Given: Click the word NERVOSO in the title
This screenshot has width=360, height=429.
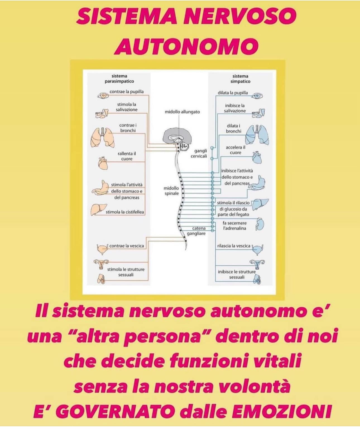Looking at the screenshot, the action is tap(240, 16).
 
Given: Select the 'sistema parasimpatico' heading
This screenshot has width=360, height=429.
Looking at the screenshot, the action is tap(119, 79).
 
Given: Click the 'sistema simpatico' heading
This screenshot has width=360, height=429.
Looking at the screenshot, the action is tap(240, 79).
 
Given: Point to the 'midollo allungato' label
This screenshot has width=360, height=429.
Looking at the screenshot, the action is tap(182, 112).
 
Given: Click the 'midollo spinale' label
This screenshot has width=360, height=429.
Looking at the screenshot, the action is tap(171, 191).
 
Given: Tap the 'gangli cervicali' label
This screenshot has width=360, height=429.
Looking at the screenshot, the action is tap(199, 154).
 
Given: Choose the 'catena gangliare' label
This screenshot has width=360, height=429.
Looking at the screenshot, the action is tap(196, 231).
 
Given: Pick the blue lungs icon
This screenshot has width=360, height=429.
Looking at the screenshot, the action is tap(257, 135).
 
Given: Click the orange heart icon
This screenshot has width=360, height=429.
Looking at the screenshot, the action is tap(103, 163).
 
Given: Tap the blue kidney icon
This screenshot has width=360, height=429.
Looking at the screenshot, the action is tap(260, 224).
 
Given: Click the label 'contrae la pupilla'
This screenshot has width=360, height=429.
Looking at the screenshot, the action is tap(126, 92).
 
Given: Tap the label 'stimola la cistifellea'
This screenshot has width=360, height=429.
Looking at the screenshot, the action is tap(125, 212).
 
